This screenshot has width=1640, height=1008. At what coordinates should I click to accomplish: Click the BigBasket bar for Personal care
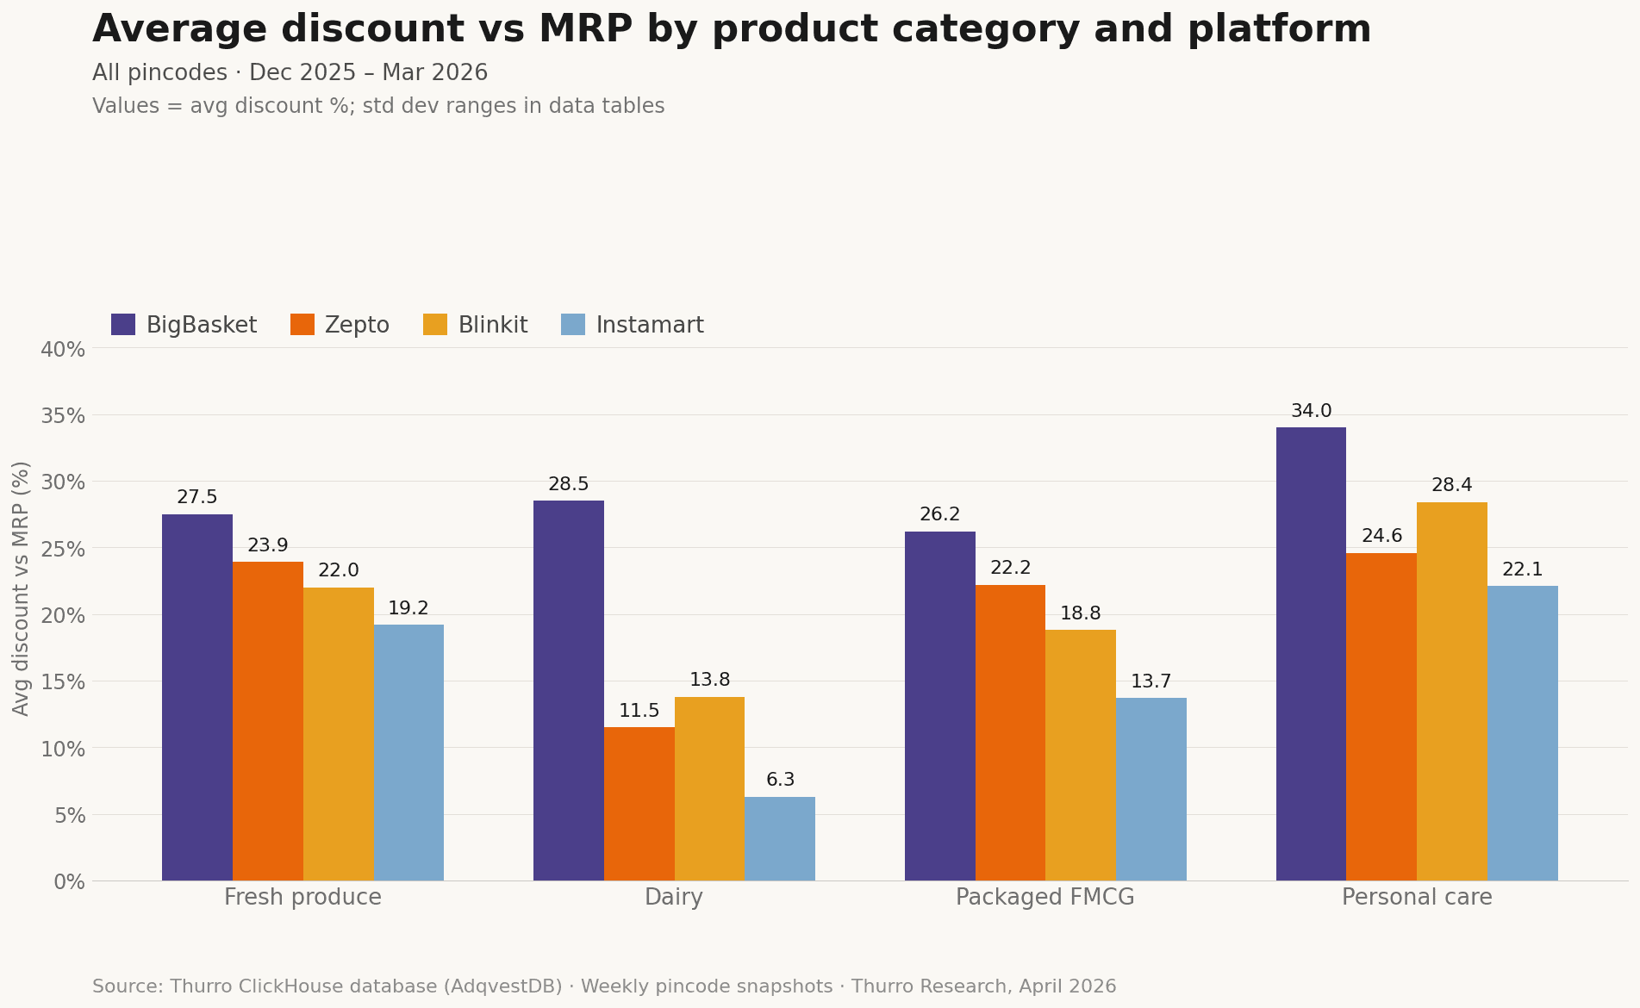point(1311,655)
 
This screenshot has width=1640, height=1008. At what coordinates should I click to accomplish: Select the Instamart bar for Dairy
point(780,839)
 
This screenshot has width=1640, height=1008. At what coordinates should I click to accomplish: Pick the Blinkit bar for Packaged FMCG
point(1081,756)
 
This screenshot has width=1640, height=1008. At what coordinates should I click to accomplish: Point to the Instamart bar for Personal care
point(1523,734)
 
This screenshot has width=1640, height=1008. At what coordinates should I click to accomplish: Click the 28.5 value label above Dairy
point(569,485)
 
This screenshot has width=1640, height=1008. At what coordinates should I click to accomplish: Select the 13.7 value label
point(1151,682)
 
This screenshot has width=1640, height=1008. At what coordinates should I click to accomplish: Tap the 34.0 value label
point(1311,412)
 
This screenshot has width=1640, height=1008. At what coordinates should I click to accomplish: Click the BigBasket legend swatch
point(123,326)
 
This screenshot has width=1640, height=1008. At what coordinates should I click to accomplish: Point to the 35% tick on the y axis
point(63,416)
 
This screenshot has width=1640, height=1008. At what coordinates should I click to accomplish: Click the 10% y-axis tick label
point(63,749)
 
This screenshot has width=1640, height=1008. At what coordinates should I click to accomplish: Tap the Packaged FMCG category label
point(1045,898)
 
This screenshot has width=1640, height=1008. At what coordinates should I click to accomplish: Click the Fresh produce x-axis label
point(302,898)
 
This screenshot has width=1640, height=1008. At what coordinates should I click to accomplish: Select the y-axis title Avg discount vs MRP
point(22,588)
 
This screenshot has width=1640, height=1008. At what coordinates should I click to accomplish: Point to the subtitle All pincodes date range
point(290,73)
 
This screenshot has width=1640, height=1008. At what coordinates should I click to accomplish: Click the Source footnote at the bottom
point(603,987)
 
